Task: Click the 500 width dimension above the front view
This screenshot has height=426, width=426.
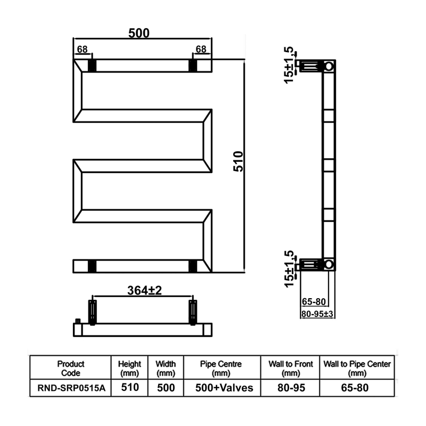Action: [138, 33]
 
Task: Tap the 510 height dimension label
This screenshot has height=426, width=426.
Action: [239, 161]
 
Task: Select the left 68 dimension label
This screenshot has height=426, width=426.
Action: [82, 50]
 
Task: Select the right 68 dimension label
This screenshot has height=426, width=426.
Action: [201, 50]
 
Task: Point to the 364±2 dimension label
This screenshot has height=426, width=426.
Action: [144, 291]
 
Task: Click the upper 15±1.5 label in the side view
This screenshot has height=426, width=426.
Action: [289, 65]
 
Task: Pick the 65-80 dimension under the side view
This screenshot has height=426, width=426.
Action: [314, 301]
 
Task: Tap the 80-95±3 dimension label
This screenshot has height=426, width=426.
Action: [317, 314]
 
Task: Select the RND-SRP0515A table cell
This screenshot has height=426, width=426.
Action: [71, 388]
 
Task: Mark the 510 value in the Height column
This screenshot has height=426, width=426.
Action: [129, 388]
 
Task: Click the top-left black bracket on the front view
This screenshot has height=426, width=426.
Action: [92, 65]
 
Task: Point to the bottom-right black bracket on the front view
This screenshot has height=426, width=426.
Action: [192, 266]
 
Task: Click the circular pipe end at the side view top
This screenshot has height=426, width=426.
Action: [329, 66]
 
